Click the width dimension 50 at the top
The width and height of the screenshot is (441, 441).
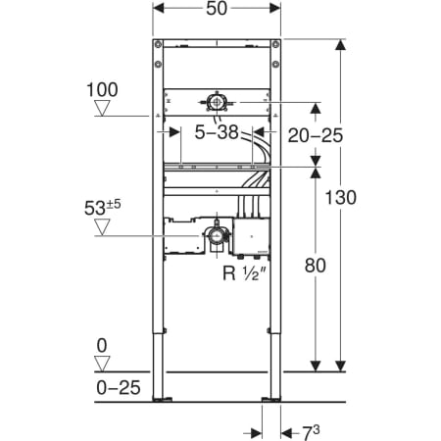pyautogui.click(x=217, y=9)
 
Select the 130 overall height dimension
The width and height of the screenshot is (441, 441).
pyautogui.click(x=341, y=198)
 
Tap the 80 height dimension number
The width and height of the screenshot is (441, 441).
pyautogui.click(x=316, y=266)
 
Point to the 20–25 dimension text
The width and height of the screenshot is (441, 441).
pyautogui.click(x=316, y=135)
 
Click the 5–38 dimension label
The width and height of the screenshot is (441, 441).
pyautogui.click(x=217, y=132)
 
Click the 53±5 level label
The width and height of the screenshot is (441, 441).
pyautogui.click(x=102, y=208)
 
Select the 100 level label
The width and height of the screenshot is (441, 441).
pyautogui.click(x=102, y=90)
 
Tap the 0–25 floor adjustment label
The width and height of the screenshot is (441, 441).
pyautogui.click(x=119, y=388)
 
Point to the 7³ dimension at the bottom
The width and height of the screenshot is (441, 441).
pyautogui.click(x=310, y=433)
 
